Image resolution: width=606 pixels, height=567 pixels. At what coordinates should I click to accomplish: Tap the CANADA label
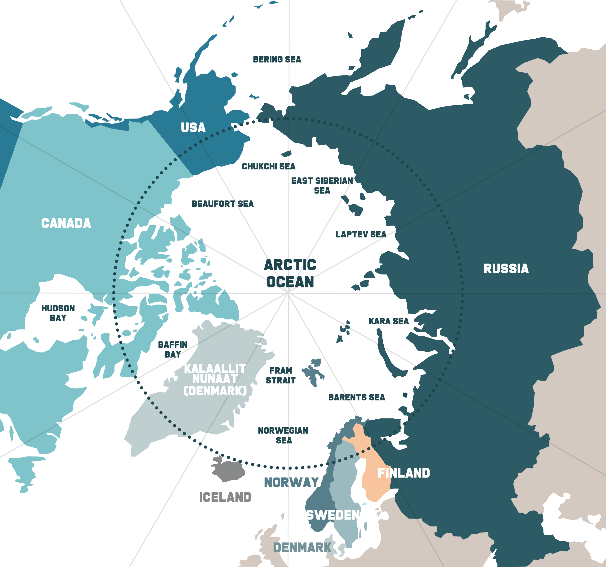tap(66, 223)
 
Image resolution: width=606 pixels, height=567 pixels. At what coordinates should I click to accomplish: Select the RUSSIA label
tap(506, 269)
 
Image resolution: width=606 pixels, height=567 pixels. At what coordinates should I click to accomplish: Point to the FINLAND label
tap(404, 473)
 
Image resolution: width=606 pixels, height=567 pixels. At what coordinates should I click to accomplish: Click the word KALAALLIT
tap(215, 369)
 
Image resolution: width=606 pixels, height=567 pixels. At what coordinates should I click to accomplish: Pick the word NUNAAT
tap(215, 379)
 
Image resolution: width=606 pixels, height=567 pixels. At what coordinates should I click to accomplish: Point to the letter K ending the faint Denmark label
tap(328, 547)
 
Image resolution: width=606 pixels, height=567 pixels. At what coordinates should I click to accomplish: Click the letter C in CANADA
tap(45, 223)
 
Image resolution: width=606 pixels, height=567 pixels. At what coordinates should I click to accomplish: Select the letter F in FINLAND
tap(381, 473)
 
